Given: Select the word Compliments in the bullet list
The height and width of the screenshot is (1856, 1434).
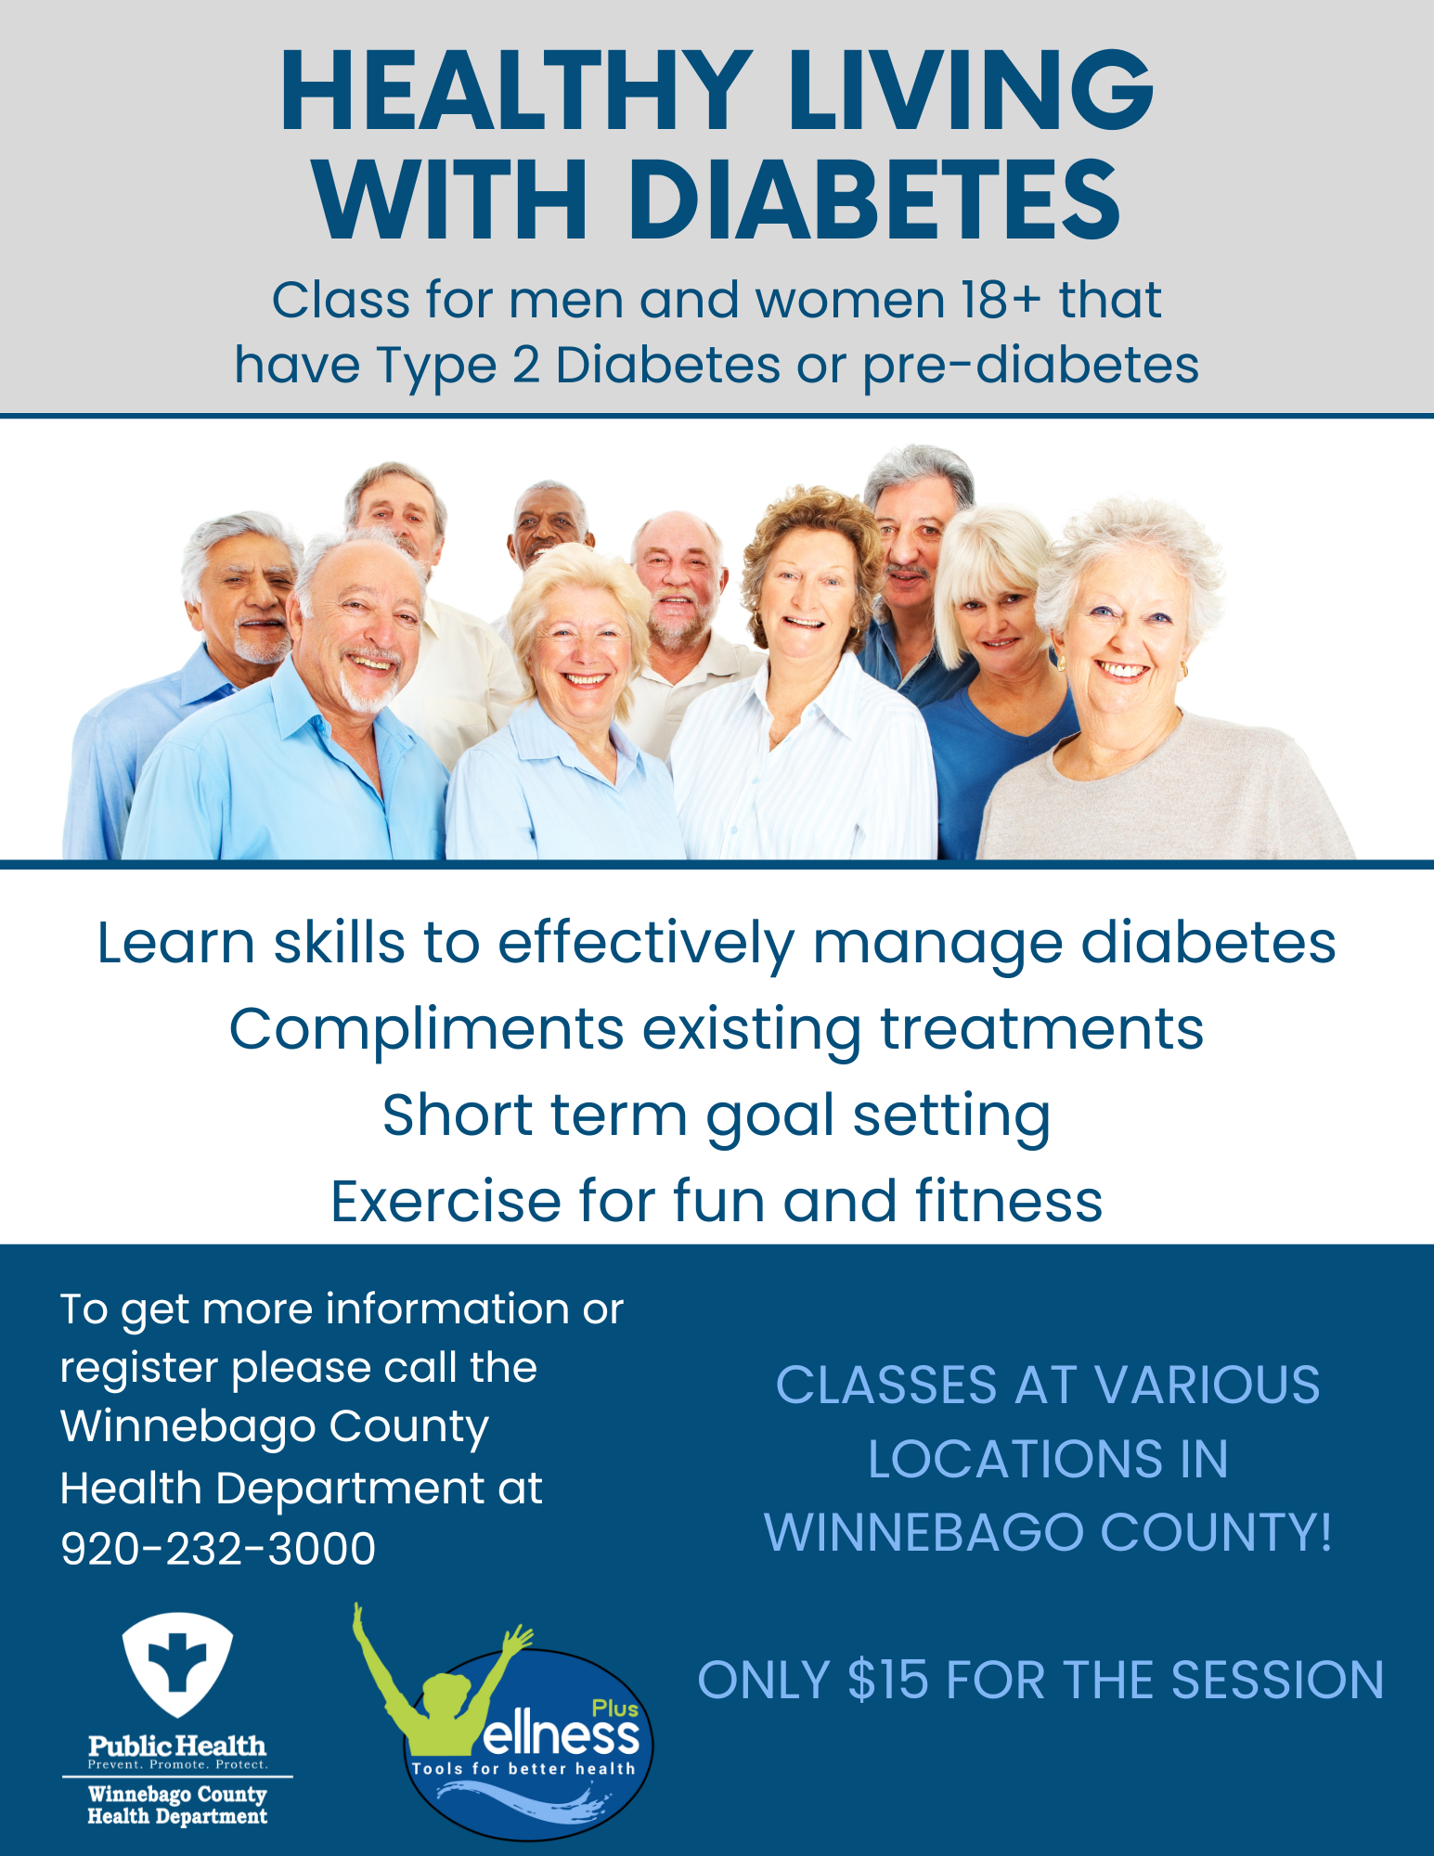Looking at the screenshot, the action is (x=427, y=1029).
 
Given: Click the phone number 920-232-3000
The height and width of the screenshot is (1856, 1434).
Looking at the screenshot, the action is (x=218, y=1548).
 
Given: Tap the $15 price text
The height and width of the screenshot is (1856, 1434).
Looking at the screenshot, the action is (x=888, y=1680).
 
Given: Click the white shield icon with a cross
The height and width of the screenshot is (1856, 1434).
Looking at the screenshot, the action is (x=177, y=1664).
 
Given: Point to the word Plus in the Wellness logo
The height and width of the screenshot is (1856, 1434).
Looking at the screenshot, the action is (x=615, y=1708).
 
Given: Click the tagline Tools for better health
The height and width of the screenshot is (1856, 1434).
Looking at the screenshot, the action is (x=523, y=1769).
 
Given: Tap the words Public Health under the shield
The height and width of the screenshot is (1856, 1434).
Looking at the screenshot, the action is (x=177, y=1746).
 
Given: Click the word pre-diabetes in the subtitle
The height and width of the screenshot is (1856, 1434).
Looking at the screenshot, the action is (x=1031, y=366).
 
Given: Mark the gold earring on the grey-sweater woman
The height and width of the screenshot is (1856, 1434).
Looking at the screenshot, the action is (x=1184, y=667).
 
